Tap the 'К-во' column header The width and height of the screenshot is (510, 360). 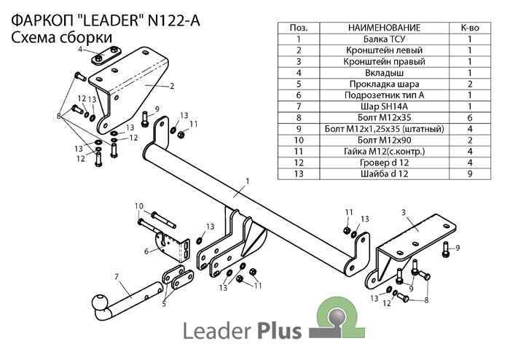469,28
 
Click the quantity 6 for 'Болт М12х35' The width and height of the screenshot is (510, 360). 469,117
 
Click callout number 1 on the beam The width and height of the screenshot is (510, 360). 248,180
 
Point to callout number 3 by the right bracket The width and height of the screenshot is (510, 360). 403,212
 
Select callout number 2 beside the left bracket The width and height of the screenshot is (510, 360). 172,86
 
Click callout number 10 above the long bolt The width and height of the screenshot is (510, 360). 138,206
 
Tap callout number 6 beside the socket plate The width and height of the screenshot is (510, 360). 146,251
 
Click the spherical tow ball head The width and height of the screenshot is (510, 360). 98,302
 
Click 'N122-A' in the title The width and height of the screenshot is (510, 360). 168,20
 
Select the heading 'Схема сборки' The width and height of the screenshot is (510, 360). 62,36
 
